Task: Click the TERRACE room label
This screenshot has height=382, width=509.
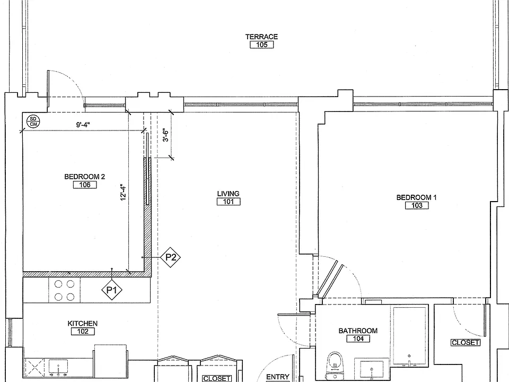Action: [x=261, y=37]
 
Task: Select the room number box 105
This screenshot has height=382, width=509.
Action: [x=261, y=45]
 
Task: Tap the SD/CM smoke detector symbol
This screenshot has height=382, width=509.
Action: [x=33, y=121]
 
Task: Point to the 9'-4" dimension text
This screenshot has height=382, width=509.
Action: [x=83, y=124]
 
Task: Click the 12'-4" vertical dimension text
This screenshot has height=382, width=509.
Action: [x=123, y=192]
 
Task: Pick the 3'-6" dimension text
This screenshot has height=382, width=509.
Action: [x=165, y=135]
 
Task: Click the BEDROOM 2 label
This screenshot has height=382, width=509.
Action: [x=84, y=177]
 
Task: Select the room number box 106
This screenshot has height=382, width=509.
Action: [x=85, y=185]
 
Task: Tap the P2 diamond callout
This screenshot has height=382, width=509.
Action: [x=170, y=257]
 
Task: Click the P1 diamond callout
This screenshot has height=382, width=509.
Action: [x=112, y=290]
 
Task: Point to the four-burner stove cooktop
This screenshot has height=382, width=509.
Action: [x=64, y=290]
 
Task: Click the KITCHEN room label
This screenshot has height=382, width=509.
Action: [x=83, y=324]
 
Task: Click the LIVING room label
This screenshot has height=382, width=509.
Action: [x=228, y=194]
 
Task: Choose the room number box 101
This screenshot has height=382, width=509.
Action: [x=229, y=202]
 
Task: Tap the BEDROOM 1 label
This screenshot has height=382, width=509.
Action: [x=417, y=197]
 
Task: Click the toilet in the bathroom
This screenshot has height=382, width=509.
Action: [x=335, y=365]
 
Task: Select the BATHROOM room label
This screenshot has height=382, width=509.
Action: [x=358, y=331]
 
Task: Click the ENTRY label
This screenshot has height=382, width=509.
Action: [x=277, y=377]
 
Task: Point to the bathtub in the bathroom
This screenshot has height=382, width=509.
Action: [x=409, y=336]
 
